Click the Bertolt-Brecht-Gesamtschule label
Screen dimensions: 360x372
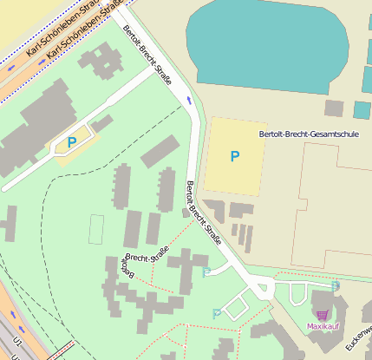point(308,134)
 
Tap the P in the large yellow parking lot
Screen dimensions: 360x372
point(234,156)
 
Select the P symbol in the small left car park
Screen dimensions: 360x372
point(72,142)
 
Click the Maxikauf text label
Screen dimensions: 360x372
point(323,326)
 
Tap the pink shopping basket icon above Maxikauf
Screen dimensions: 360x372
point(323,314)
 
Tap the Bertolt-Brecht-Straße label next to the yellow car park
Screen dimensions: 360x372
point(204,213)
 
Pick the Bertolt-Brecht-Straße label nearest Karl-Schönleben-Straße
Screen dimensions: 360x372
point(147,55)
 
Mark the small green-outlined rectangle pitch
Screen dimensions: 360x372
point(95,229)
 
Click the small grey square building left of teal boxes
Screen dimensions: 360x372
point(334,108)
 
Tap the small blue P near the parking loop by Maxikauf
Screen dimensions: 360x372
point(217,313)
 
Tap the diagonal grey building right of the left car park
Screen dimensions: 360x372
point(160,151)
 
